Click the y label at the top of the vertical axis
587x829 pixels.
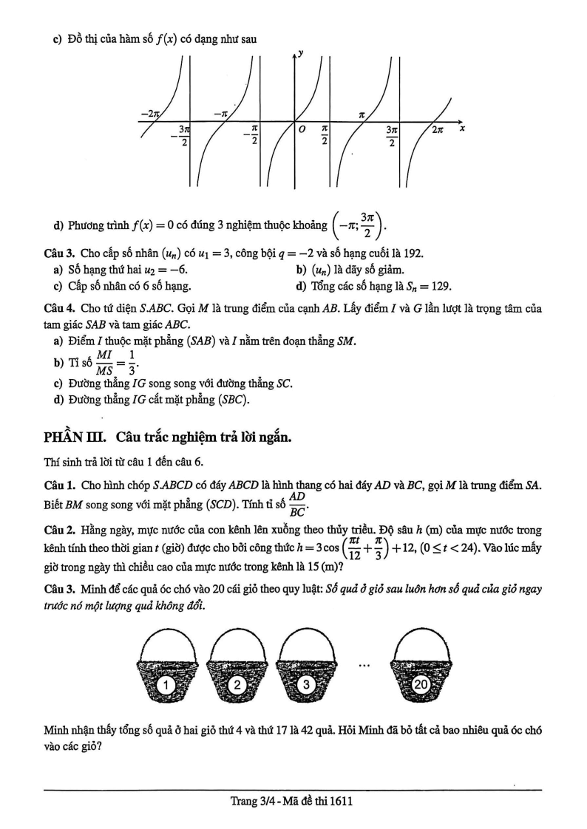coord(302,53)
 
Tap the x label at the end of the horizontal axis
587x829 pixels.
coord(462,129)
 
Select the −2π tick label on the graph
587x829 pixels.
coord(149,115)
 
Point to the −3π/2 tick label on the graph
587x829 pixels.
coord(183,135)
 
